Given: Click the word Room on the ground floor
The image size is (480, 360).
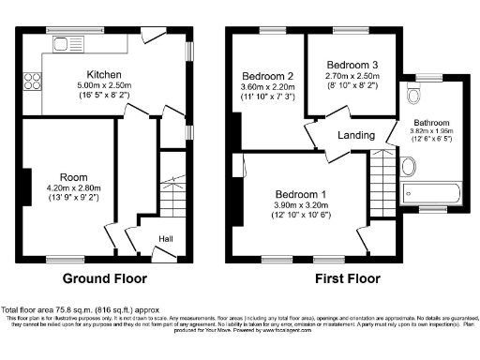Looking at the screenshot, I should [74, 176].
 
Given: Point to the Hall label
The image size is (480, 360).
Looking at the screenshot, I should [165, 238].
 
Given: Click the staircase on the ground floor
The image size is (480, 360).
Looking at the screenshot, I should [171, 196].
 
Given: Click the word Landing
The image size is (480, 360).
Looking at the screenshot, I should [356, 136].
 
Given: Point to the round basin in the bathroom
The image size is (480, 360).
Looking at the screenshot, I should [409, 168].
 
